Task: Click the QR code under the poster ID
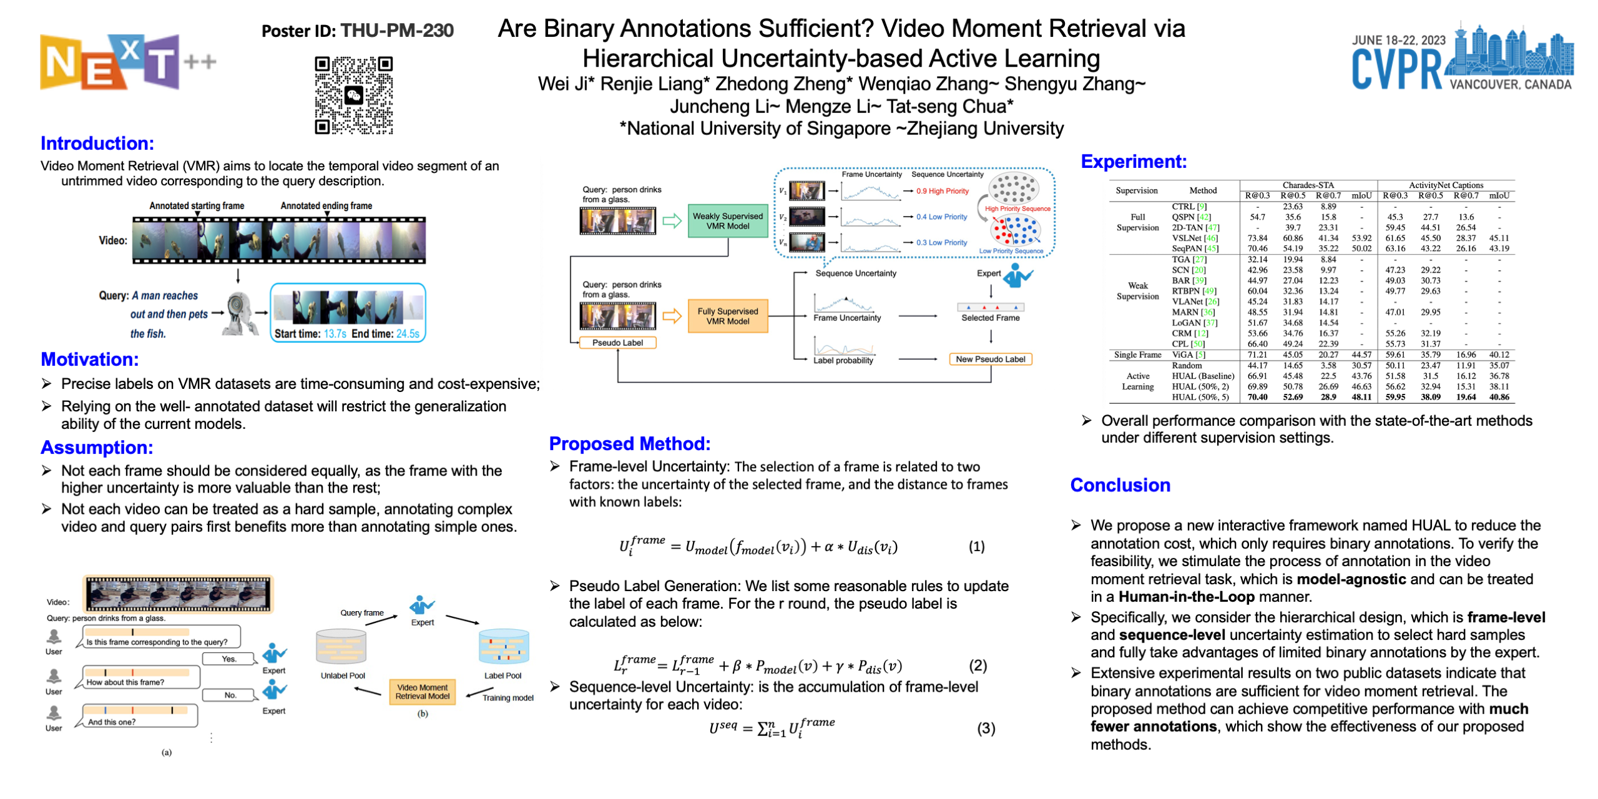click(x=353, y=95)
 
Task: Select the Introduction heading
click(x=97, y=143)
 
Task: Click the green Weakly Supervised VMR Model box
click(x=727, y=221)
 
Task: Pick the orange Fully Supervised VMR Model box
click(x=727, y=316)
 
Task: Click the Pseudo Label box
click(x=617, y=343)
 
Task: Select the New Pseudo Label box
click(x=989, y=359)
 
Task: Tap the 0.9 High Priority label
click(x=942, y=191)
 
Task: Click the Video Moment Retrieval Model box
click(x=422, y=692)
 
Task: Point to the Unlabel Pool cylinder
click(x=341, y=647)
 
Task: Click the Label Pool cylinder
click(x=503, y=647)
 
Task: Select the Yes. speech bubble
click(x=229, y=659)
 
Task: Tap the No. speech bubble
click(x=230, y=695)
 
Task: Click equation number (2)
click(x=978, y=665)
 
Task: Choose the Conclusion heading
click(x=1120, y=485)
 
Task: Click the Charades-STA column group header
click(x=1308, y=185)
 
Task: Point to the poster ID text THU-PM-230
click(x=397, y=31)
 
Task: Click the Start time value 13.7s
click(x=335, y=334)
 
